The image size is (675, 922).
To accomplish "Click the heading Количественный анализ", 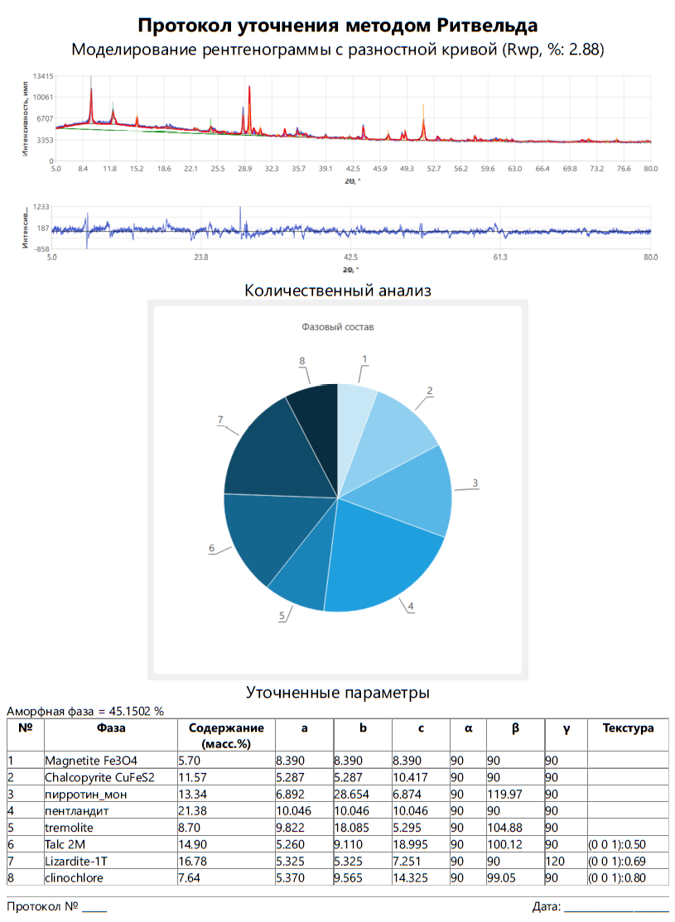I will click(x=338, y=291).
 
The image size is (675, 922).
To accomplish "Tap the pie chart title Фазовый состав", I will click(x=337, y=327).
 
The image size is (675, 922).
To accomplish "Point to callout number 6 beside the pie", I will click(x=212, y=548).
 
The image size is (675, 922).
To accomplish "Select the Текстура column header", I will click(x=628, y=728).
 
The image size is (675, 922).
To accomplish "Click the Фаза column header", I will click(x=110, y=728).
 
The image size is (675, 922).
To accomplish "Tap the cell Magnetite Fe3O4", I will click(x=97, y=760).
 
